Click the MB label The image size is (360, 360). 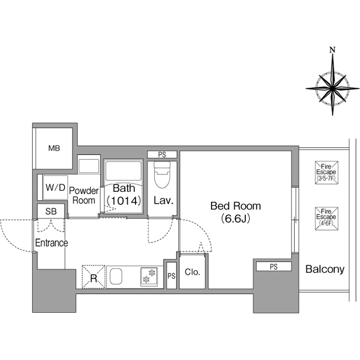coord(54,148)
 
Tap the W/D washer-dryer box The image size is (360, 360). coord(55,187)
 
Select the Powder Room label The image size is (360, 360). coord(84,195)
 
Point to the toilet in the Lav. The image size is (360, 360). coord(162,174)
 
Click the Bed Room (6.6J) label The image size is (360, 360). coord(236,212)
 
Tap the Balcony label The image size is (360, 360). coord(325,269)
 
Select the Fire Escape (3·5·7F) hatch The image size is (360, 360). coord(326,173)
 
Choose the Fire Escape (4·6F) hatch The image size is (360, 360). coord(326,218)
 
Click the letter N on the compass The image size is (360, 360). coord(332,49)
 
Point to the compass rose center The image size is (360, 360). coord(332,88)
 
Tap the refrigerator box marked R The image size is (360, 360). coord(94,277)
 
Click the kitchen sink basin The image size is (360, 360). coord(116,277)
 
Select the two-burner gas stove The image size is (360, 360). coord(149,277)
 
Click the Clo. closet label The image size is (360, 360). coord(192,272)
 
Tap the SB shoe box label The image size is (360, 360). coord(51,211)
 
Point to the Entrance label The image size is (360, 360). coord(51,243)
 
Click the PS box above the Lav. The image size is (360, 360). coord(162,155)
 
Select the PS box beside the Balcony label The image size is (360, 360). coord(274,267)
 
